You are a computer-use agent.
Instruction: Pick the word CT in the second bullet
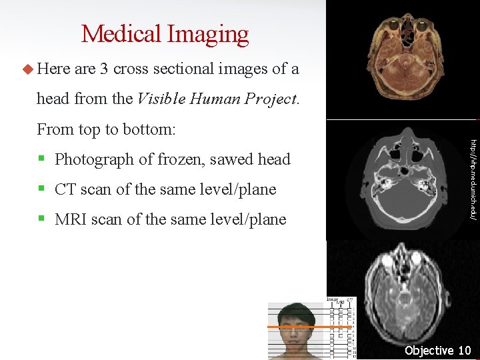click(66, 189)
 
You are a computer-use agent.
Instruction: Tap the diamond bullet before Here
click(27, 69)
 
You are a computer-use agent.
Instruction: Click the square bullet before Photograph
click(41, 159)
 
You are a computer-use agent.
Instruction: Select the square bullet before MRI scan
click(41, 219)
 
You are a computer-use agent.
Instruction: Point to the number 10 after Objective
click(464, 351)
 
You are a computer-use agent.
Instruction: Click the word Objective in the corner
click(429, 351)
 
